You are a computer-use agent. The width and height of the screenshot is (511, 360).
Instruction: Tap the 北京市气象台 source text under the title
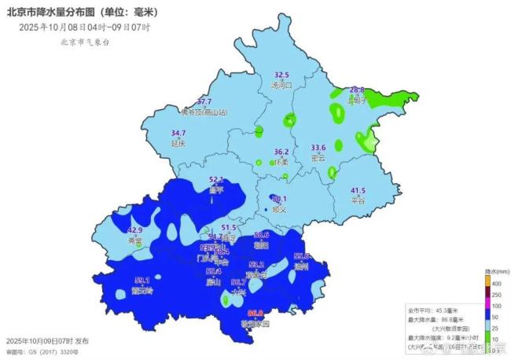coord(84,42)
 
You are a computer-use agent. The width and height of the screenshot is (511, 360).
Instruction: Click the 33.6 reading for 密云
coord(318,148)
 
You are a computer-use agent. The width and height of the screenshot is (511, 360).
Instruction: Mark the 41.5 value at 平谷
coord(358,190)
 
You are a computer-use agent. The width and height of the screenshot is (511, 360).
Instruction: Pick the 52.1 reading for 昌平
coord(217,180)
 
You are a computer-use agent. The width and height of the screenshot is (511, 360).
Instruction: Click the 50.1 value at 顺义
coord(279,200)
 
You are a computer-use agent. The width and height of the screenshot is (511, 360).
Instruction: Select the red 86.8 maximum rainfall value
coord(254,314)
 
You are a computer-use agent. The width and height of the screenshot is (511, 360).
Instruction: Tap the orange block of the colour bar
coord(487,281)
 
